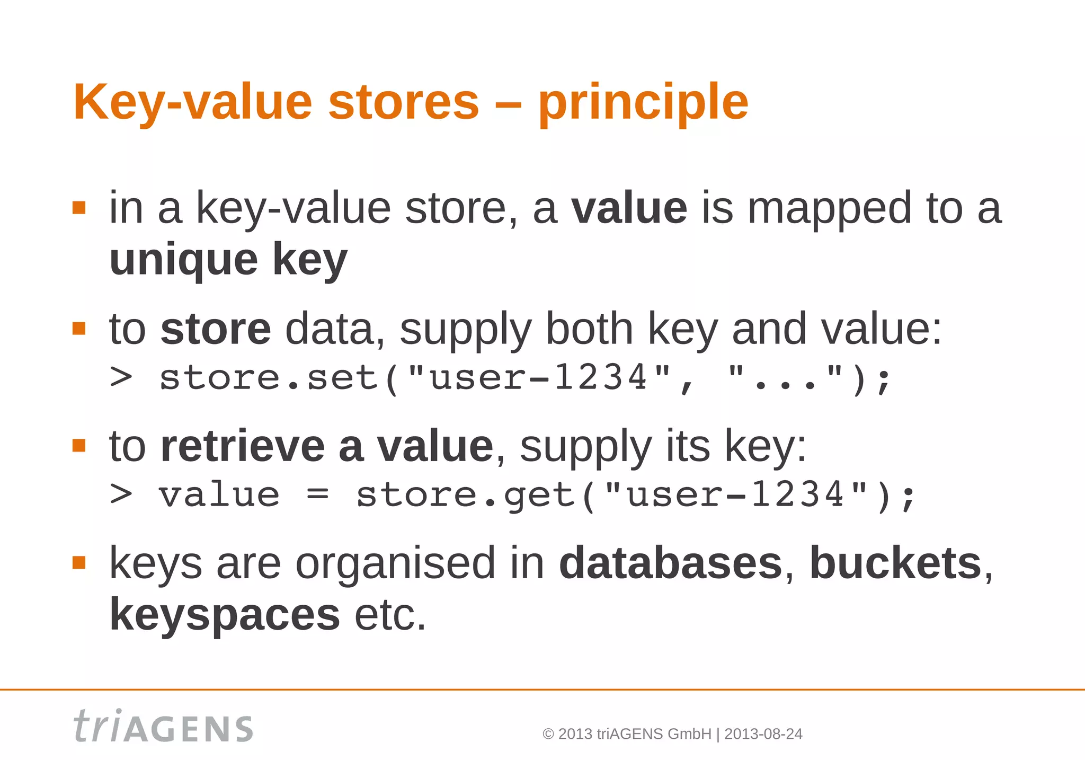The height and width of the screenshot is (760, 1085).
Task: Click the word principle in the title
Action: (x=643, y=103)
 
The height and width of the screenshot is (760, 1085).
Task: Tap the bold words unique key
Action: (x=228, y=260)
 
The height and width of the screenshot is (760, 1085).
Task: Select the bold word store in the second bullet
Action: (x=216, y=329)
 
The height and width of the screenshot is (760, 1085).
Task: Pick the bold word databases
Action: (x=670, y=563)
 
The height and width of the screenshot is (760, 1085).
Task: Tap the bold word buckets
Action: (x=895, y=563)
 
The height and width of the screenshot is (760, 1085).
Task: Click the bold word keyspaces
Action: (x=225, y=615)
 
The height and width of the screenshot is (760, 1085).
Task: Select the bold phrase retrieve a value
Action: (x=327, y=446)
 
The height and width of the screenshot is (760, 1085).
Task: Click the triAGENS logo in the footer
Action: (x=163, y=727)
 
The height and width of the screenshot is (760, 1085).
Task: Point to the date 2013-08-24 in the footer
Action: (x=763, y=734)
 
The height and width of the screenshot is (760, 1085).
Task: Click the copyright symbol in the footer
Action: (x=548, y=735)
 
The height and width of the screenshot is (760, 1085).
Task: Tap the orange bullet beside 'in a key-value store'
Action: (x=79, y=207)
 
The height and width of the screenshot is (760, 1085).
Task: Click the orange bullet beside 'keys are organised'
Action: (x=79, y=562)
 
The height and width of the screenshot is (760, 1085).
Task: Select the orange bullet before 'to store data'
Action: (x=79, y=329)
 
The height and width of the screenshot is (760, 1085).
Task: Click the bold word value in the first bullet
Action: (x=629, y=208)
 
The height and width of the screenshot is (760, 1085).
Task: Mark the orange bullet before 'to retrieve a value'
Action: (x=79, y=446)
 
